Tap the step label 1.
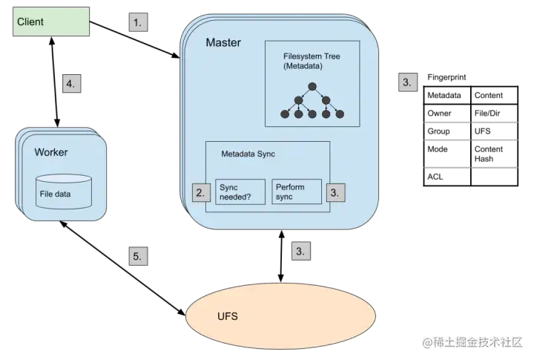tap(136, 22)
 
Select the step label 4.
tap(70, 83)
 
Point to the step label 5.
tap(136, 256)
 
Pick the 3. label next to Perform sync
tap(336, 192)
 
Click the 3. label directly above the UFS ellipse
tap(300, 251)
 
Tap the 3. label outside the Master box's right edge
tap(408, 82)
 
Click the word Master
tap(223, 43)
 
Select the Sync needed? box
tap(239, 192)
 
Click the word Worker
tap(51, 152)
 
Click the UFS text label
tap(228, 316)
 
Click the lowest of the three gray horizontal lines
tap(470, 169)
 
